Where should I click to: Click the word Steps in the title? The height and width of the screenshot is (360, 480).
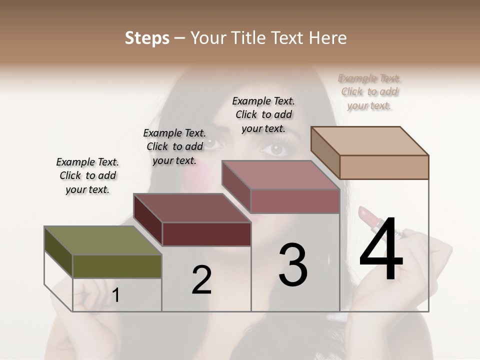(147, 38)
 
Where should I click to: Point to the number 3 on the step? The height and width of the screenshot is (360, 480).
(293, 264)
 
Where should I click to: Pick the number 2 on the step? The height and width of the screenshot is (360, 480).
(201, 280)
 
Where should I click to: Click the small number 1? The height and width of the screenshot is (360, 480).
(116, 295)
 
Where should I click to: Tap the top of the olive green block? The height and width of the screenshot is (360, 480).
(102, 240)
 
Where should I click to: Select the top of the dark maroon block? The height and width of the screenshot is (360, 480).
(192, 207)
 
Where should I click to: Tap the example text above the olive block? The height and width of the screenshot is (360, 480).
(87, 175)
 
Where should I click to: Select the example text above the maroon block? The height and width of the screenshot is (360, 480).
(174, 146)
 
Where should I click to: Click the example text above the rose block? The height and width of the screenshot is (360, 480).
(263, 114)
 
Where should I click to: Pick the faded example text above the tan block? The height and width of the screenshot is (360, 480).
(369, 91)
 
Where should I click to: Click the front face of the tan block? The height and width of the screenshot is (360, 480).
(384, 167)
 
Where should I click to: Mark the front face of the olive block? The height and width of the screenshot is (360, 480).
(117, 266)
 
